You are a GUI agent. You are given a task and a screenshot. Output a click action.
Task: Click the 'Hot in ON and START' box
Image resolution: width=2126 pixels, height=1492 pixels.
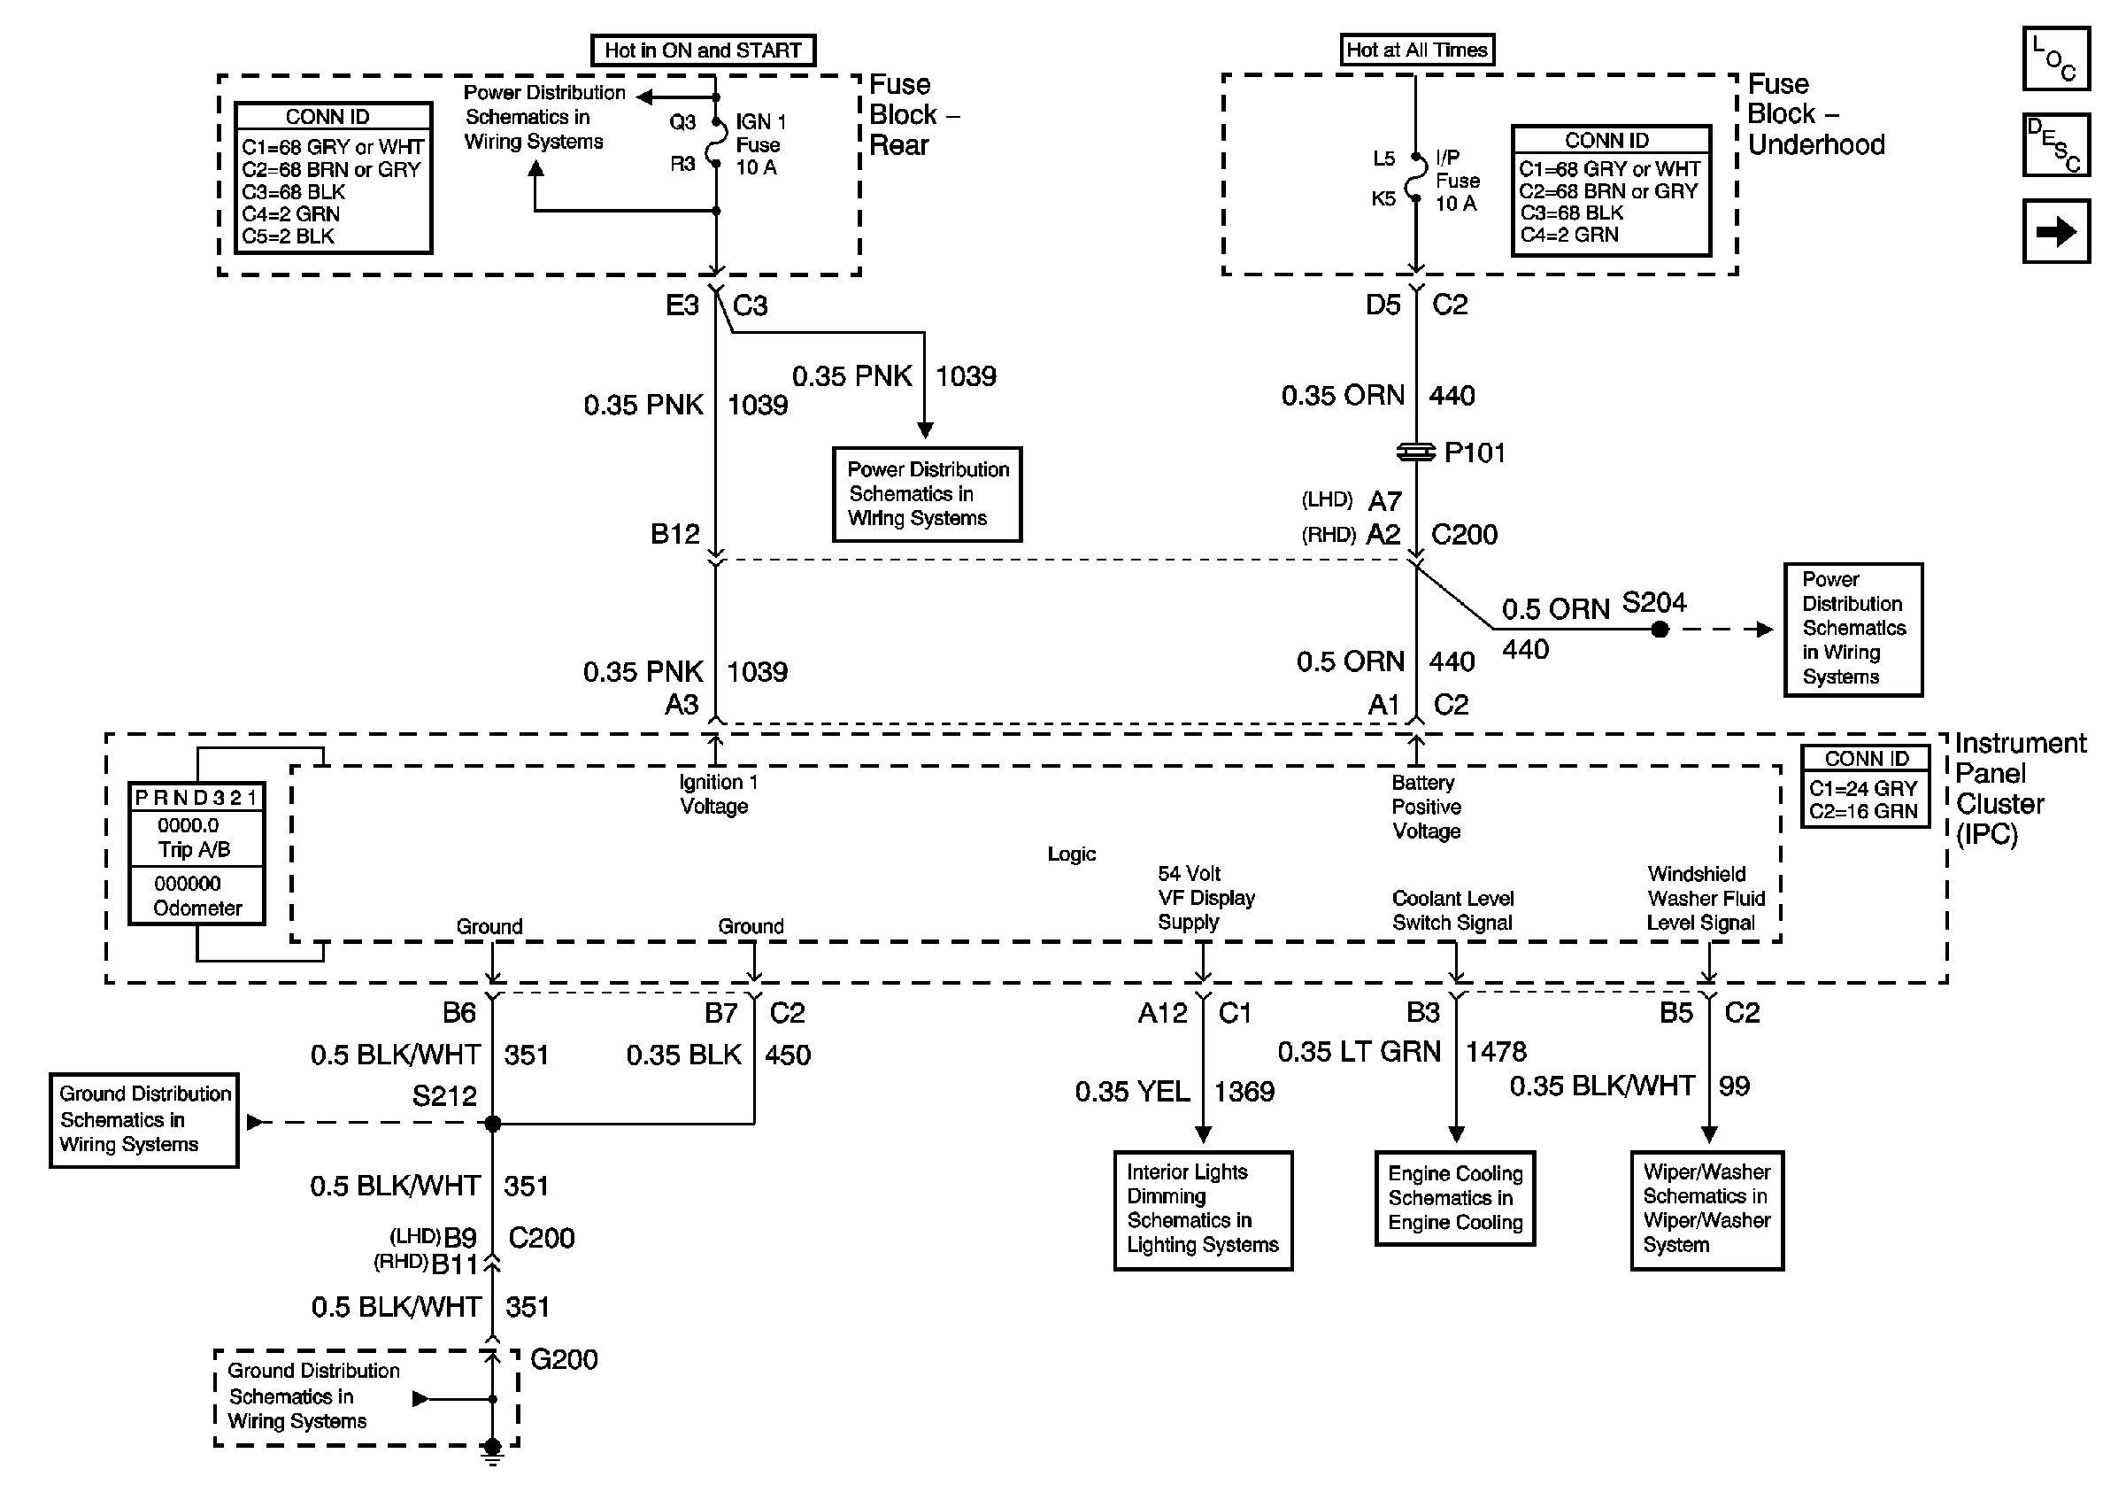703,50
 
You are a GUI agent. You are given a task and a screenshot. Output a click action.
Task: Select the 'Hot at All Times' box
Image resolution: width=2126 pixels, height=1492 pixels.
1417,50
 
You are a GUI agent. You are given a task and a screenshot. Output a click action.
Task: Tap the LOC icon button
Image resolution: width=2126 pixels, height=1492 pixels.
2055,58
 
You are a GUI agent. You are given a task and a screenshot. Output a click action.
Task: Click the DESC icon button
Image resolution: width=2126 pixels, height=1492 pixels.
2055,144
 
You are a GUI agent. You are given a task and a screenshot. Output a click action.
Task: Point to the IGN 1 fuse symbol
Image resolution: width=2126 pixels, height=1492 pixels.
717,143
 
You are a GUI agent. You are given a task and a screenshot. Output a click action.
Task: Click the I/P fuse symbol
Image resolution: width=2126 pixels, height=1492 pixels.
1415,179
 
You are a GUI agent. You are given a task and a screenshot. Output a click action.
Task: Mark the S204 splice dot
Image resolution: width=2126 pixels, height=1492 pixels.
1660,630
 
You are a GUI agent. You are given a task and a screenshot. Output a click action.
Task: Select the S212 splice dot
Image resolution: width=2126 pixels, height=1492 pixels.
493,1124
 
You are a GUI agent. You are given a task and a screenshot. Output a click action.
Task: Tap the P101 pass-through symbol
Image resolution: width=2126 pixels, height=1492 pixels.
1416,452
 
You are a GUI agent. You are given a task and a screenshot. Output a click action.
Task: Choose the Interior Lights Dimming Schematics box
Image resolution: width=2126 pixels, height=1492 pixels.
1203,1210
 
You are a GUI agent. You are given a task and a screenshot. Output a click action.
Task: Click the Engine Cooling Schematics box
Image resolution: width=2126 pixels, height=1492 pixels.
1455,1198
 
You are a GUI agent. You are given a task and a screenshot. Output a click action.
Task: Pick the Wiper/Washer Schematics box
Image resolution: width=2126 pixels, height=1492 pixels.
1706,1210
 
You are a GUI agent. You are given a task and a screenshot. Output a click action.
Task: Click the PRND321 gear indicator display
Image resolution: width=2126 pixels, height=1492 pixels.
196,798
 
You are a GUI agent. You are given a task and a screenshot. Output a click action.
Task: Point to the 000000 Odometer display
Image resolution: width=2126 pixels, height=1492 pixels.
196,895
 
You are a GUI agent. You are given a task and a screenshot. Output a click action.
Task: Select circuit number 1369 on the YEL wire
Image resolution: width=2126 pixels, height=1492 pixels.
1244,1092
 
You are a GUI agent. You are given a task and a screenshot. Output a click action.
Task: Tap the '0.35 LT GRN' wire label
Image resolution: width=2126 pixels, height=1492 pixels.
1359,1052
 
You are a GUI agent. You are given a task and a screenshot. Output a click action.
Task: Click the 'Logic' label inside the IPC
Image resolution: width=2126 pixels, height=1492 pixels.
1071,854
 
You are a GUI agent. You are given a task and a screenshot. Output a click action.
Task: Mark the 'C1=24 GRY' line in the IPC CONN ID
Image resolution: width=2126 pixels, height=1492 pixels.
1862,788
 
